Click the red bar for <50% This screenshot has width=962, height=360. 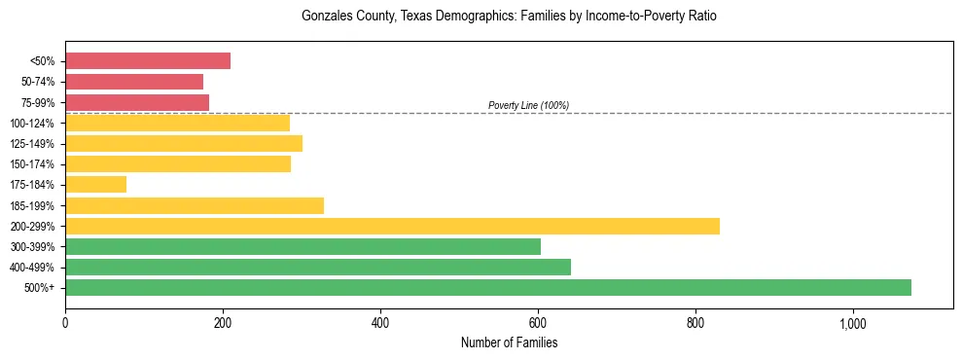[x=148, y=61]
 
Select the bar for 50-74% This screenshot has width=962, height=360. [x=134, y=82]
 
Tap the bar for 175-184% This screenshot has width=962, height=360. [x=95, y=185]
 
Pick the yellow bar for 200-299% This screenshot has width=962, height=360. [x=392, y=226]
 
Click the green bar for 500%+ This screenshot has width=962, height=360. [x=488, y=288]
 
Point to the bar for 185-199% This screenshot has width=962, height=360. [x=195, y=205]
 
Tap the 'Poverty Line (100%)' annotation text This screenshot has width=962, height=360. [x=528, y=105]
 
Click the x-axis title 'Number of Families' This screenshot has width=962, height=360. [x=509, y=342]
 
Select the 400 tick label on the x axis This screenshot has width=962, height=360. [x=380, y=323]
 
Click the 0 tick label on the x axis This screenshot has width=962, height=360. [x=65, y=323]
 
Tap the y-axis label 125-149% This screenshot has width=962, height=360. [x=32, y=144]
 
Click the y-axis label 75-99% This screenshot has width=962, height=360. [x=37, y=102]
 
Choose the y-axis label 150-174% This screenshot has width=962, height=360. [x=32, y=164]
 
